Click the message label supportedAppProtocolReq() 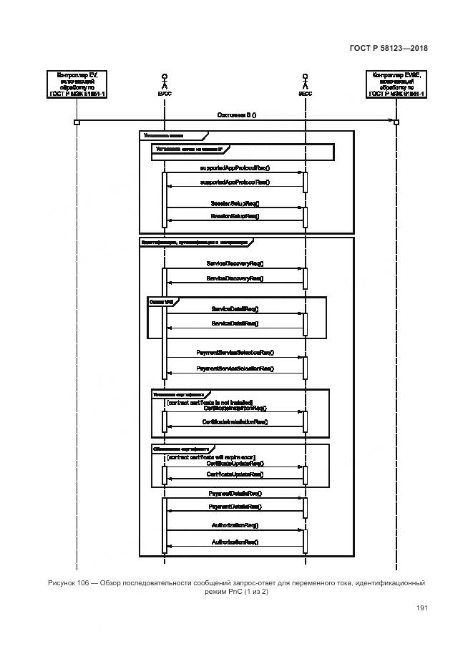[x=235, y=168]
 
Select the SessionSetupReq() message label [x=235, y=204]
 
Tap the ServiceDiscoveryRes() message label [x=235, y=278]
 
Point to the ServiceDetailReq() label [x=235, y=309]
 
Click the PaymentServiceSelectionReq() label [x=235, y=353]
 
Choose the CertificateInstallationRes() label [x=235, y=422]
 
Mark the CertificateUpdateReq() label [x=235, y=463]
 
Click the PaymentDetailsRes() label [x=235, y=507]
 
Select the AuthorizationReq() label [x=235, y=525]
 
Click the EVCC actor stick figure [x=165, y=79]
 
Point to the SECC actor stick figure [x=305, y=79]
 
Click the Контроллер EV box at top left [x=77, y=84]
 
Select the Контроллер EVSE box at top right [x=396, y=84]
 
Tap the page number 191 [x=421, y=608]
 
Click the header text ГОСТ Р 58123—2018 [x=389, y=48]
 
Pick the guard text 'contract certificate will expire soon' [x=210, y=456]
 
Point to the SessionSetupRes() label [x=235, y=215]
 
